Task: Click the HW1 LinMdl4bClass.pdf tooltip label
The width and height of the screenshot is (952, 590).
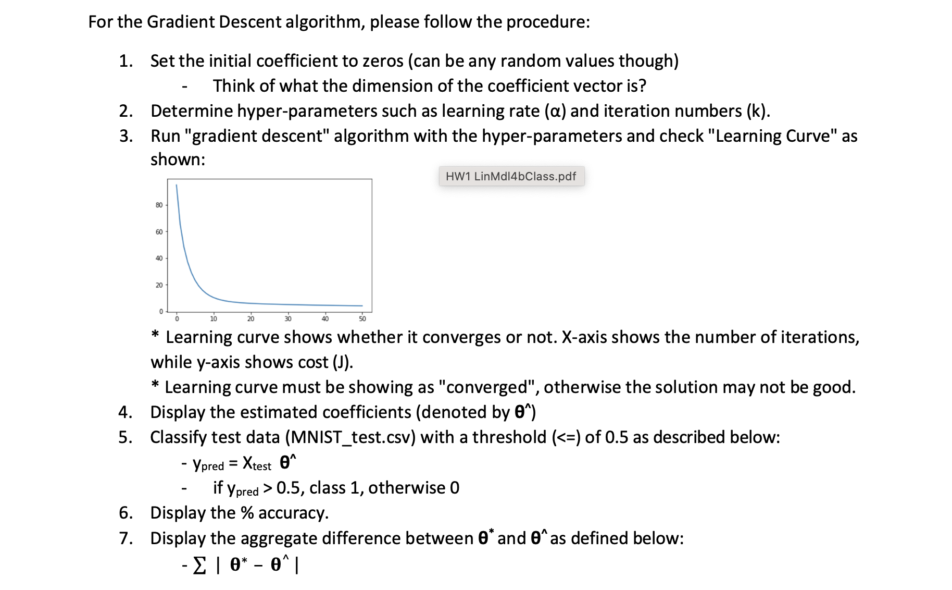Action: (511, 176)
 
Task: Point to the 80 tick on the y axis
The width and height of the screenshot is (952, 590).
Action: (159, 205)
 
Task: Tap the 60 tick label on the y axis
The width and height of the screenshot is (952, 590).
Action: (159, 231)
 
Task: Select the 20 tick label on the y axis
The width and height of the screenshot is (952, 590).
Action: (159, 285)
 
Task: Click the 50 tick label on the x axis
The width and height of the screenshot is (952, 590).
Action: (362, 318)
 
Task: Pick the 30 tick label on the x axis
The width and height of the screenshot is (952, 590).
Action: (288, 318)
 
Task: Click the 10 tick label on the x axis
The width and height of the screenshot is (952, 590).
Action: (214, 318)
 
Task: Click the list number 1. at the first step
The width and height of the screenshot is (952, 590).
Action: (126, 61)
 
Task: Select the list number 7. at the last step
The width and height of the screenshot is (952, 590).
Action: (126, 538)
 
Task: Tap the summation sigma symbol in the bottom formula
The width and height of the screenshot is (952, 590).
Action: (199, 564)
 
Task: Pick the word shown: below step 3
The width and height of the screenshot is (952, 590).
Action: (178, 159)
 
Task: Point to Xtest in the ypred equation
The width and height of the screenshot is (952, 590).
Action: (256, 463)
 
